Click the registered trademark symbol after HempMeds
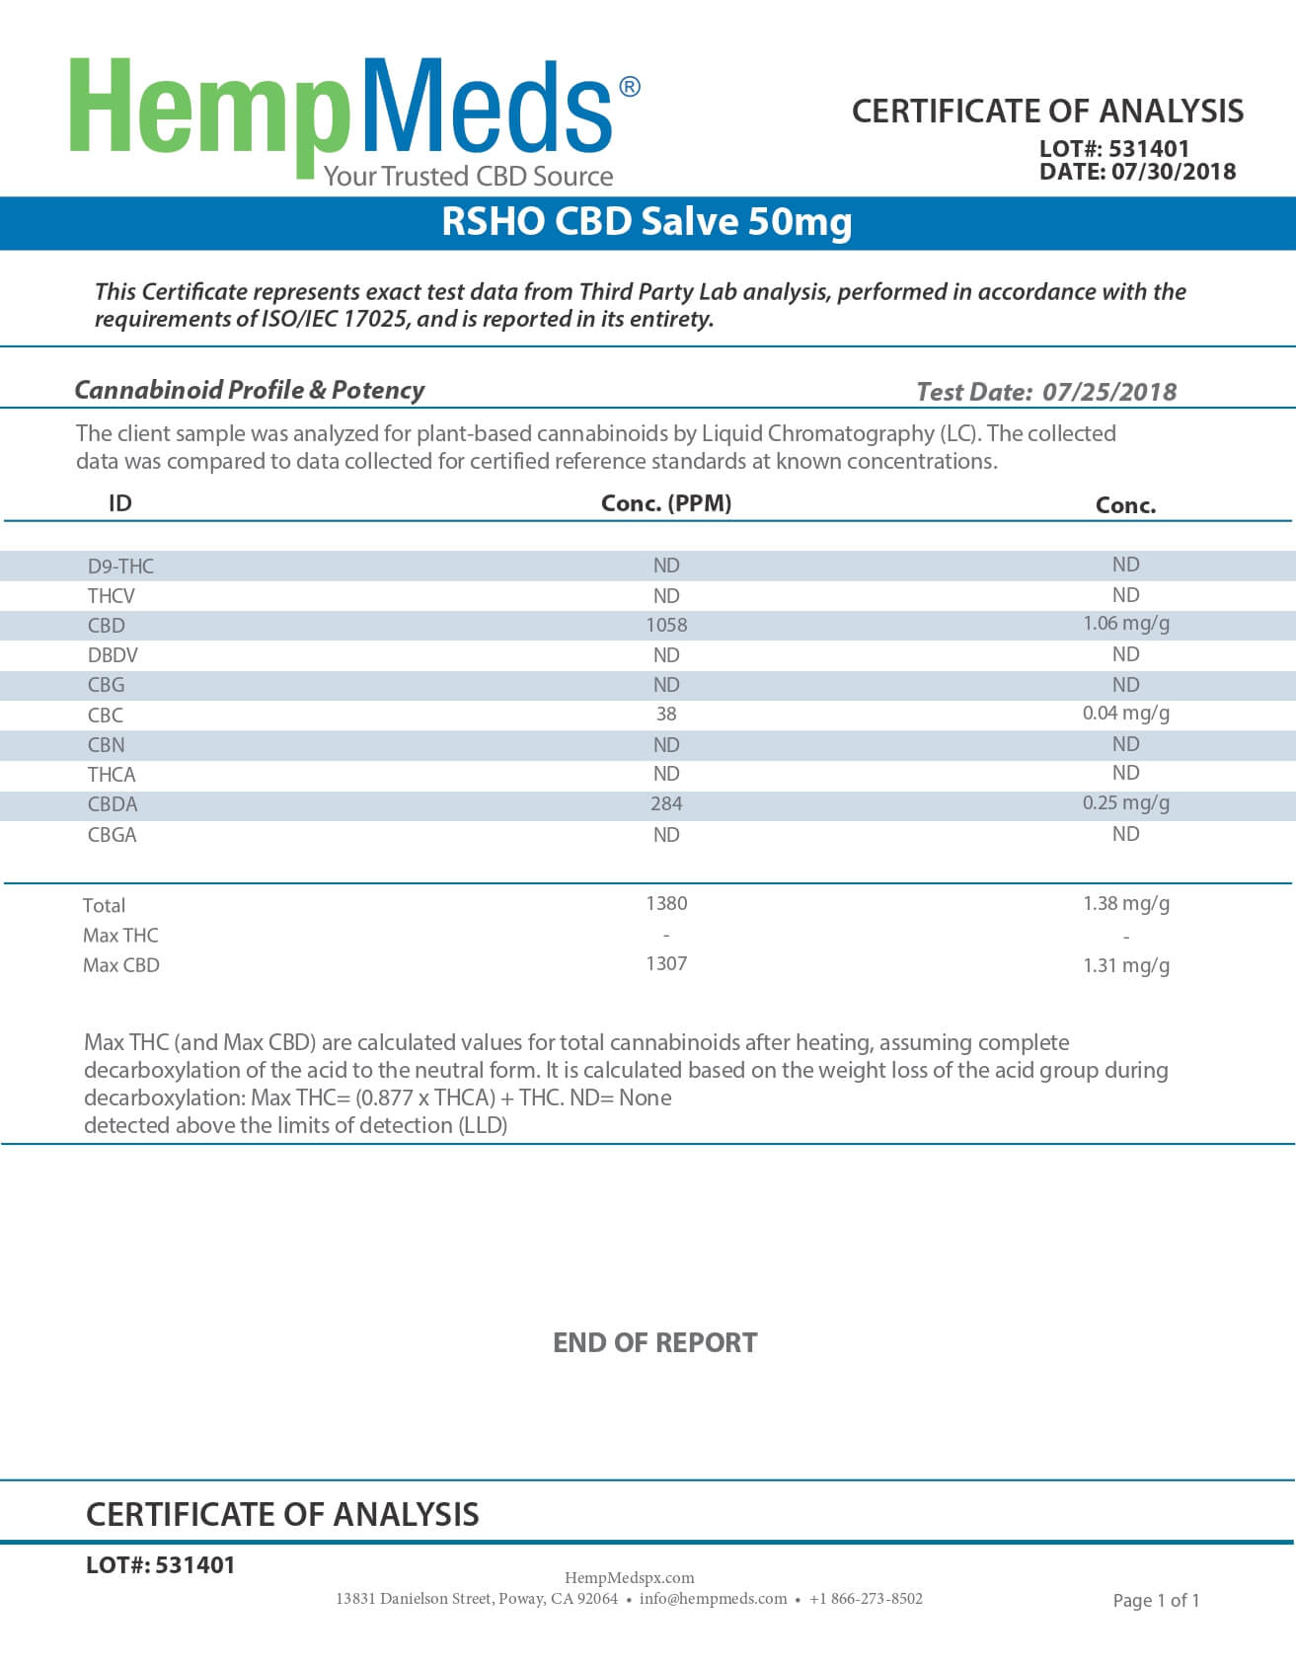[629, 88]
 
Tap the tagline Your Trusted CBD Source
[468, 177]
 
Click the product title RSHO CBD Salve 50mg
[647, 221]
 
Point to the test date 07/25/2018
[1109, 392]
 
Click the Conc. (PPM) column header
[666, 503]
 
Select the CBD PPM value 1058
[666, 625]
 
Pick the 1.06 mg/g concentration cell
[1125, 623]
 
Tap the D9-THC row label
[120, 566]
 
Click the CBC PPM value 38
[666, 714]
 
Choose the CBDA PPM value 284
[666, 803]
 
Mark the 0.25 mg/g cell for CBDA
[1125, 802]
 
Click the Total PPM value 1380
[666, 903]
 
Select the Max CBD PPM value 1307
[666, 963]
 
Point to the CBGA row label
[112, 835]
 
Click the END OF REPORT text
[654, 1342]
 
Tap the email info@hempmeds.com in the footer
[713, 1598]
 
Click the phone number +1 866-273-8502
[866, 1598]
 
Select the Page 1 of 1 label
[1156, 1600]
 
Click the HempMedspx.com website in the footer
[629, 1577]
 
